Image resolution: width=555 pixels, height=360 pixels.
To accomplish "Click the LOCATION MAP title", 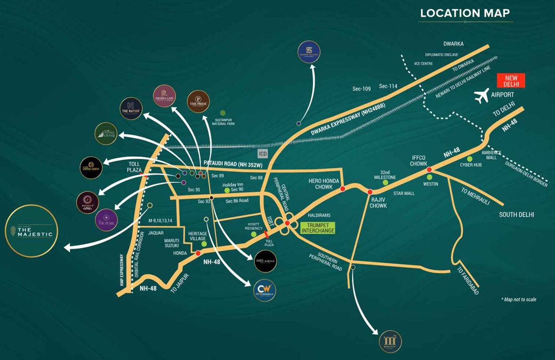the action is click(465, 13).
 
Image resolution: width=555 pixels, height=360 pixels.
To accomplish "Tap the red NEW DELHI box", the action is click(511, 81).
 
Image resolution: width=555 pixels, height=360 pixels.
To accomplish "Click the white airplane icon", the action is click(483, 95).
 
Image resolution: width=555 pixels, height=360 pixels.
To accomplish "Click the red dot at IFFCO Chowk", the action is click(429, 170).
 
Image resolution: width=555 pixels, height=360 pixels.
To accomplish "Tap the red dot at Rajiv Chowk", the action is click(370, 192).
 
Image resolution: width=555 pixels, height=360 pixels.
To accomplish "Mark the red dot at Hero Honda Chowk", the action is click(343, 189).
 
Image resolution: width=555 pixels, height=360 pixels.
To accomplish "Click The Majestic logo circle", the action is click(32, 231).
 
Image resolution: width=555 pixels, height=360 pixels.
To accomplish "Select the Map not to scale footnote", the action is click(519, 299).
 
